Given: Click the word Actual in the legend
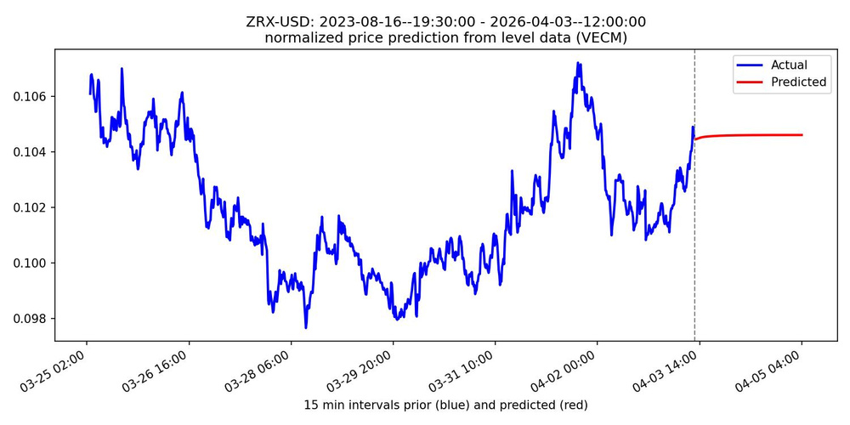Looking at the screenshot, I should point(789,65).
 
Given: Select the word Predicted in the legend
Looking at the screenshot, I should point(798,82).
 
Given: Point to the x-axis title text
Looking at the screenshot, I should point(445,405).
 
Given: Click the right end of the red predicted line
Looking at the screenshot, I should point(802,135).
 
